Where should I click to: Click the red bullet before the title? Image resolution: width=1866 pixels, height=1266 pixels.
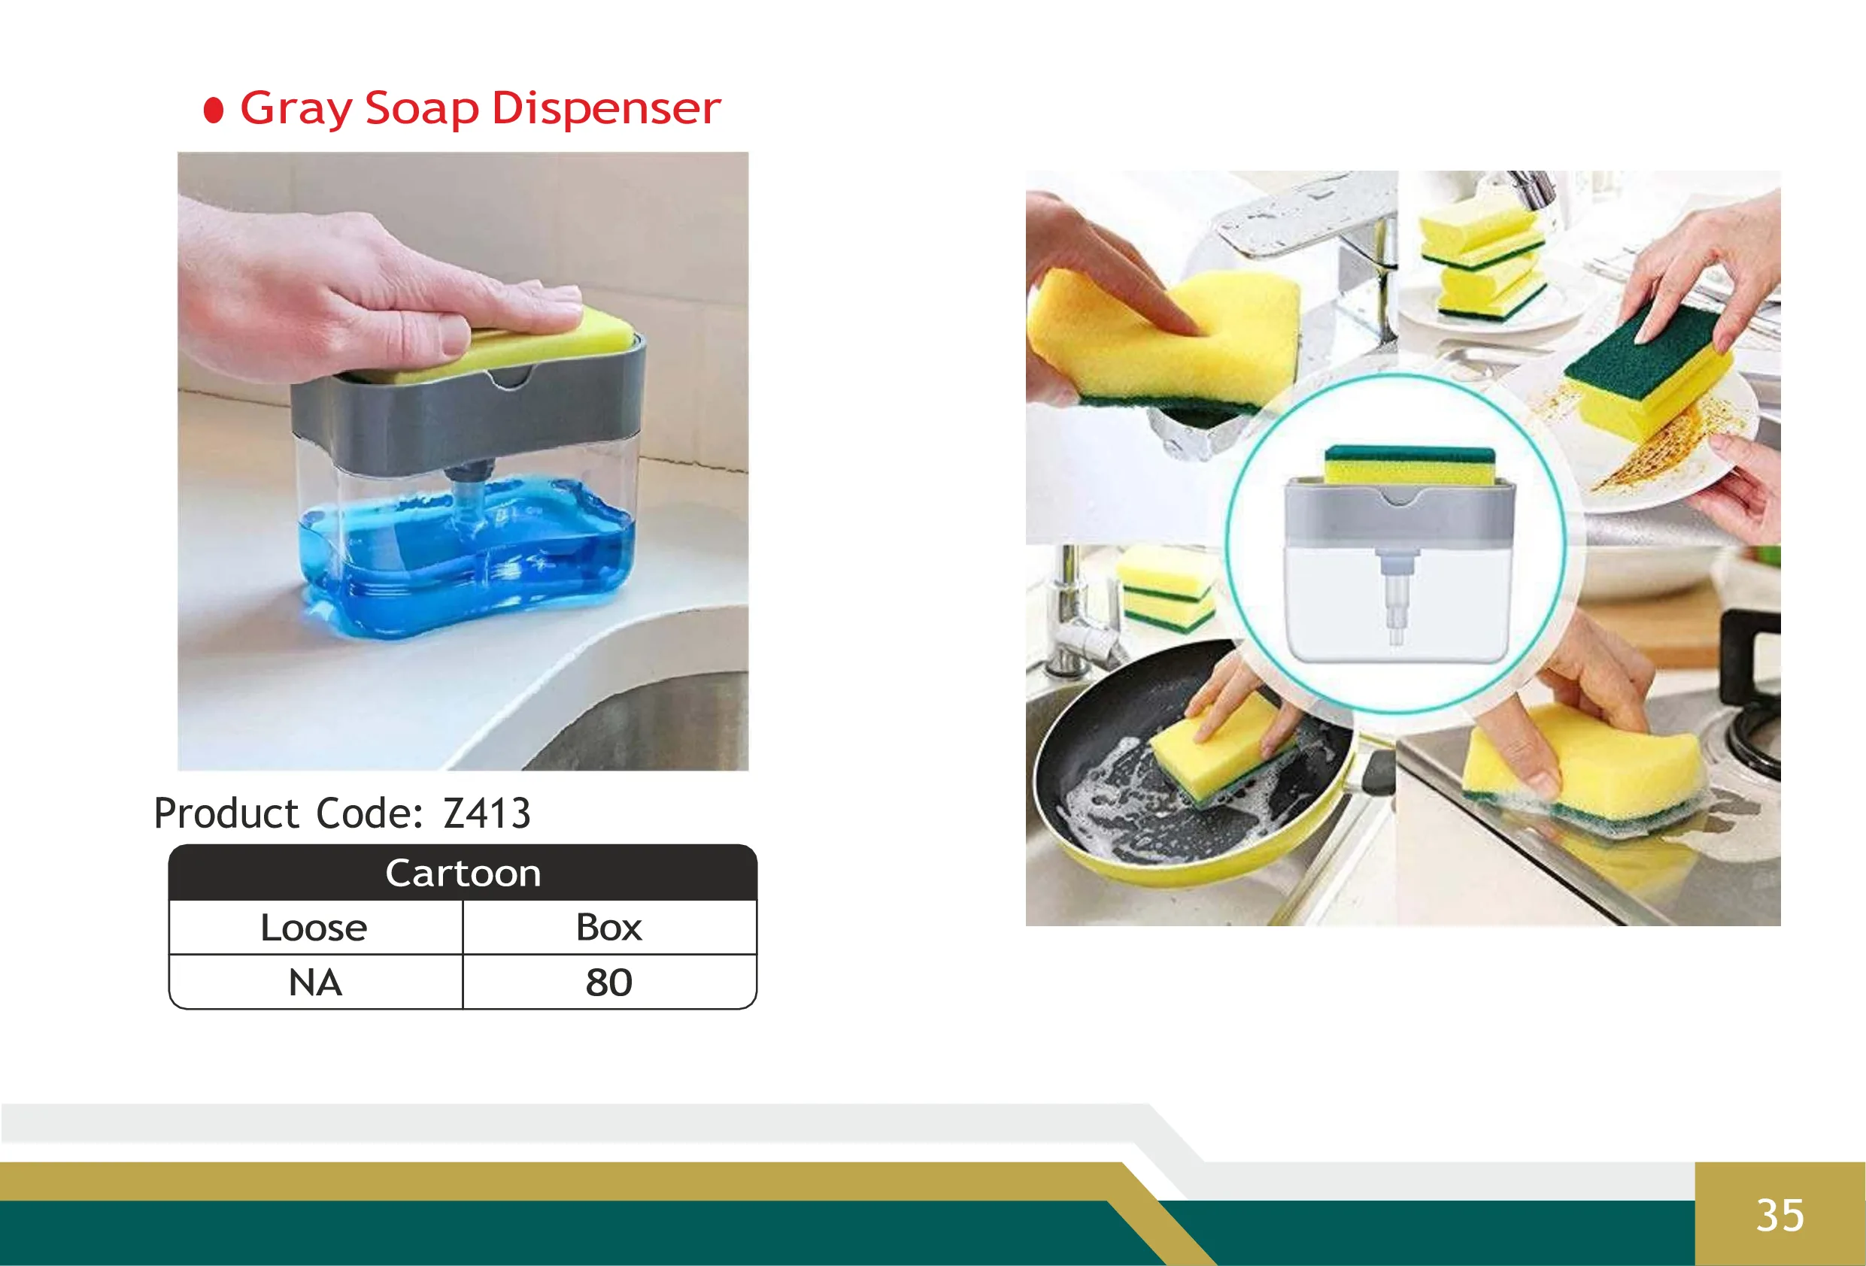click(214, 111)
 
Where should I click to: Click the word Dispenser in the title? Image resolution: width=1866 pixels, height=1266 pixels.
click(605, 108)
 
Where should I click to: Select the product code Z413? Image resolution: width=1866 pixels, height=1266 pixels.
click(487, 813)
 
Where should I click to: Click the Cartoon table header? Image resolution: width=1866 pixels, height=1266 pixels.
click(463, 873)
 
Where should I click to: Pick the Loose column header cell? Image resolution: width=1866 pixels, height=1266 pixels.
click(314, 928)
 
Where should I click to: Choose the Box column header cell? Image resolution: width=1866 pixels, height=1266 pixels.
click(608, 928)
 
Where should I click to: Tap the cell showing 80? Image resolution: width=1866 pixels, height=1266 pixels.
click(608, 983)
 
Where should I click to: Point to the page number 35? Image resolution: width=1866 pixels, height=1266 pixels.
click(1780, 1216)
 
